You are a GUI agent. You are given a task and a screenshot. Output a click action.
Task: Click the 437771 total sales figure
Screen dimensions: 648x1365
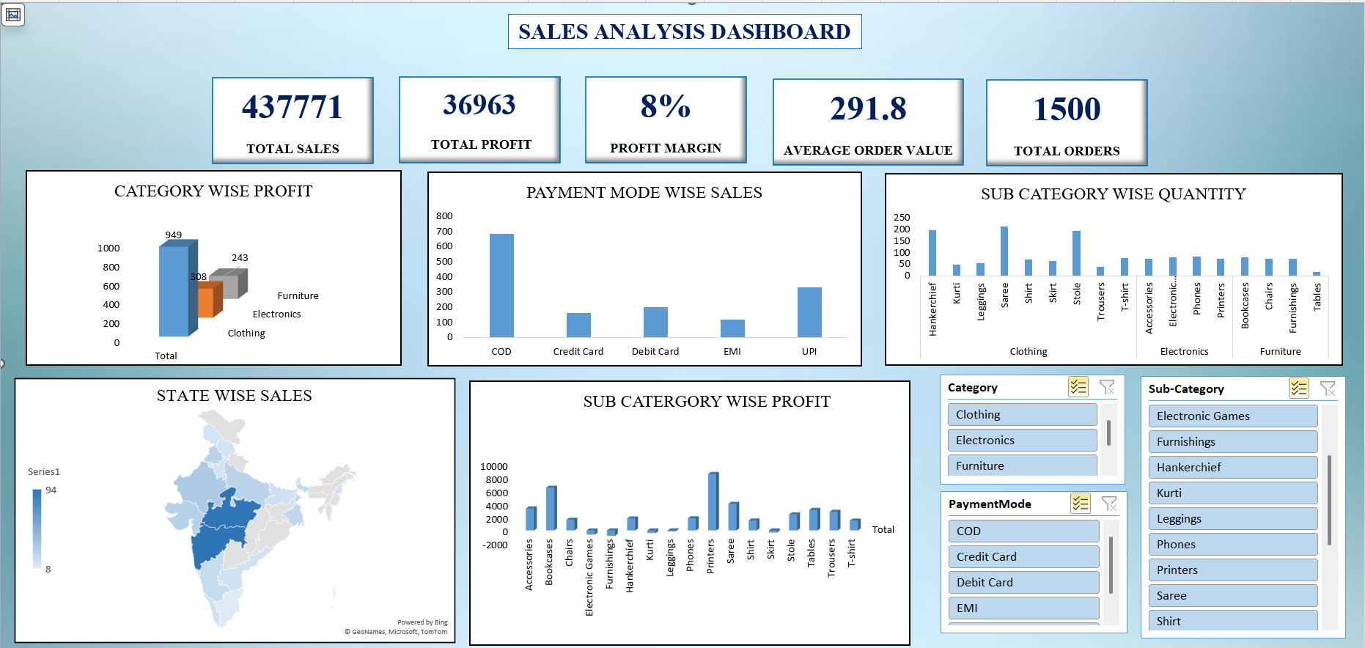tap(292, 108)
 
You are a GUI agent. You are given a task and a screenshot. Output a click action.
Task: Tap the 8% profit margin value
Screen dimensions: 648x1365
tap(665, 106)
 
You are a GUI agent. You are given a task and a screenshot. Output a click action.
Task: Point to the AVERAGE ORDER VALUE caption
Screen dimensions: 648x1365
tap(867, 150)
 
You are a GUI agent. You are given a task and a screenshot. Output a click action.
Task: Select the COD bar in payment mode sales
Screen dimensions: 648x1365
tap(501, 285)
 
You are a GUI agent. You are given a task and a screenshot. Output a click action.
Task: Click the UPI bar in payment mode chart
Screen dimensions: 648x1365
tap(809, 312)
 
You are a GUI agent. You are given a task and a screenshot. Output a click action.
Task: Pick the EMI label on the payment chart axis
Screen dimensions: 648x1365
tap(732, 352)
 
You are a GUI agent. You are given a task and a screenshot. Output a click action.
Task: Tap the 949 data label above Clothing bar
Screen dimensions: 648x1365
tap(173, 235)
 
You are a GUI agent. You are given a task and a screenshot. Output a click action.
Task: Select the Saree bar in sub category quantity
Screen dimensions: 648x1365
tap(1004, 251)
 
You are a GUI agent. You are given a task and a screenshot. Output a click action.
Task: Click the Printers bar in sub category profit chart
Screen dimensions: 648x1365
tap(713, 501)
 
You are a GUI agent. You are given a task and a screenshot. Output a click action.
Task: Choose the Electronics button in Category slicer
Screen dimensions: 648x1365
tap(1022, 440)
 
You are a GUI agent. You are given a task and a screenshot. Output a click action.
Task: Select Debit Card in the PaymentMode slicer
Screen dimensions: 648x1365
tap(1023, 582)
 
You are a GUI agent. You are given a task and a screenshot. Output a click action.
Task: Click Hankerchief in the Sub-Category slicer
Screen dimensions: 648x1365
tap(1232, 467)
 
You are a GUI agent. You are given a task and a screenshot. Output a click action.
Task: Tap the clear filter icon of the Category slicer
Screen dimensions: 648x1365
tap(1107, 387)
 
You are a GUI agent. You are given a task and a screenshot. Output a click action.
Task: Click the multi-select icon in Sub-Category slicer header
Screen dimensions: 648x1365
tap(1298, 389)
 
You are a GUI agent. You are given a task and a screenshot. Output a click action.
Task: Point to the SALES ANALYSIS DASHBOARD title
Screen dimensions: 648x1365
tap(684, 32)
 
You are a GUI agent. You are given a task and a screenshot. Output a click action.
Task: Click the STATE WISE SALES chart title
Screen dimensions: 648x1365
tap(234, 396)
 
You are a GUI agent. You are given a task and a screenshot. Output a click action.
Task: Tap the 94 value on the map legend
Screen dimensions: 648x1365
tap(51, 490)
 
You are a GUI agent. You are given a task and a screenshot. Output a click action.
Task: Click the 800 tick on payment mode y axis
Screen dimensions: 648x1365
tap(444, 216)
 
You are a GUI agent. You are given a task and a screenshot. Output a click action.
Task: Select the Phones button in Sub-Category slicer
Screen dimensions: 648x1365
tap(1232, 544)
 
